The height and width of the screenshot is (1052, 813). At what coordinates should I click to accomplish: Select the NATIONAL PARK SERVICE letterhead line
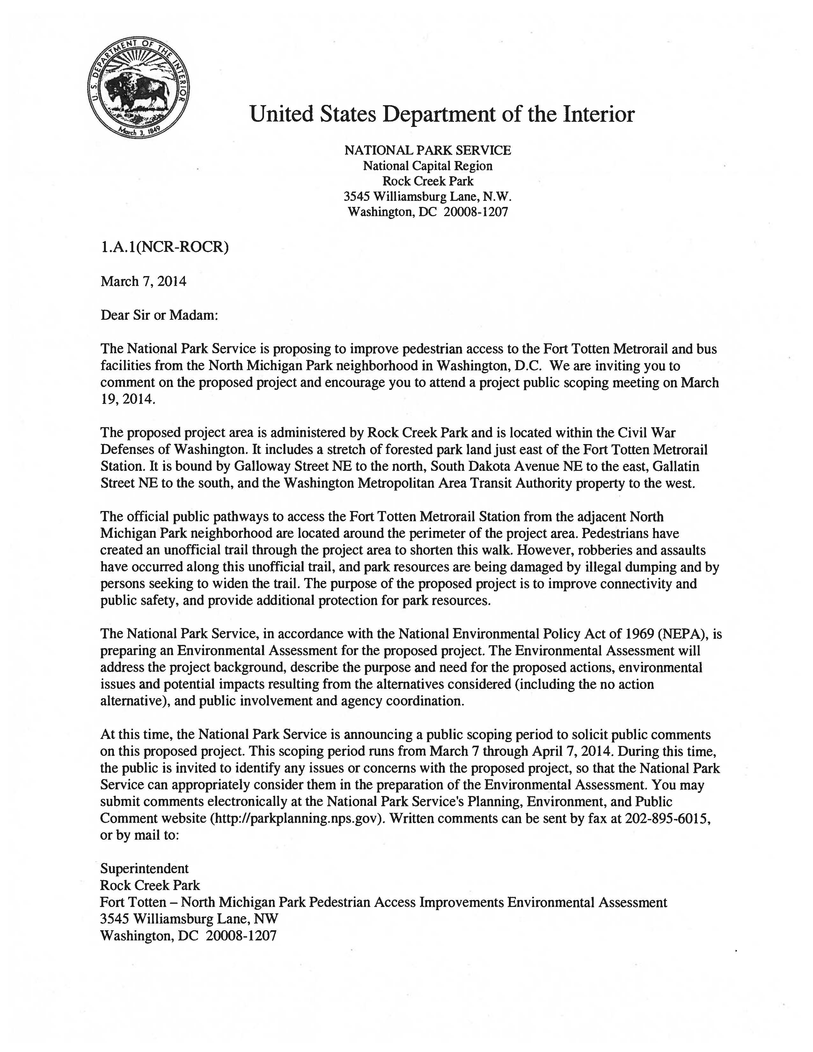428,150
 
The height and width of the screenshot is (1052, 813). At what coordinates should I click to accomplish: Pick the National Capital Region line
428,166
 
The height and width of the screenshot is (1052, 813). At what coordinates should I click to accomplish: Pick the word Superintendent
144,868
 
